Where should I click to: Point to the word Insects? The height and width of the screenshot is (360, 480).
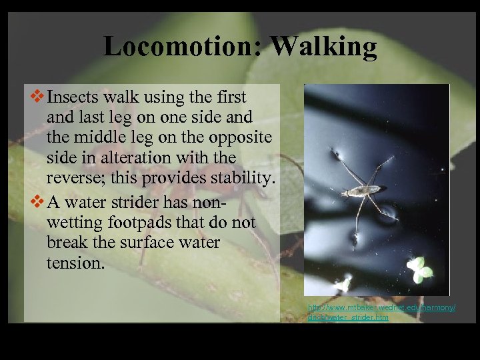[75, 97]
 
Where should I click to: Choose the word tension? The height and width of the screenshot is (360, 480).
[75, 263]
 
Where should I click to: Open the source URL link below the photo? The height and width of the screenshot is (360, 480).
[381, 313]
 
